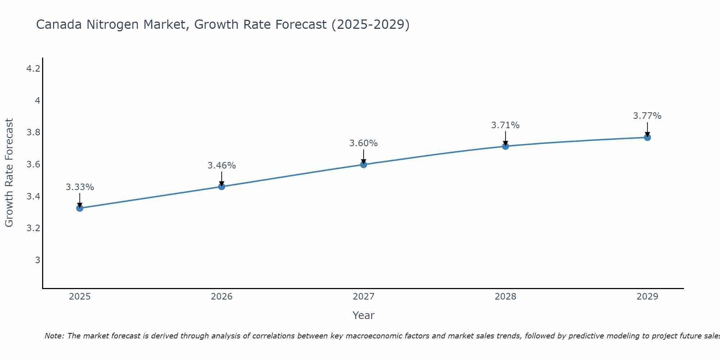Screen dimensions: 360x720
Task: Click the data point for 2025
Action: [x=80, y=208]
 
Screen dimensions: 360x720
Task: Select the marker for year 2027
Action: [x=364, y=165]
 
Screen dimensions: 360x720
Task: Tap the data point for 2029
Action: [x=647, y=137]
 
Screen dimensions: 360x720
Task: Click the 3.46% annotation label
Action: [x=222, y=166]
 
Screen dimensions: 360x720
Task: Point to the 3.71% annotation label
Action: [x=505, y=125]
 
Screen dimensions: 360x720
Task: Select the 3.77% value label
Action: [x=647, y=116]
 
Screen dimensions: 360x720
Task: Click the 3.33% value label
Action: [x=80, y=187]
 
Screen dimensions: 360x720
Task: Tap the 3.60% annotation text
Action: [x=364, y=143]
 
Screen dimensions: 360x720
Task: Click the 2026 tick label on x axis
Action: [x=222, y=297]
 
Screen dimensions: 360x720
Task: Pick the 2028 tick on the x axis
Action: [x=505, y=297]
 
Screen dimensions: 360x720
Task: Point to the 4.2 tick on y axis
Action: [x=33, y=68]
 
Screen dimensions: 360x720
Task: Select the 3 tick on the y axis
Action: [x=37, y=260]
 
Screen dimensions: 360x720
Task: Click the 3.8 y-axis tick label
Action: [x=33, y=132]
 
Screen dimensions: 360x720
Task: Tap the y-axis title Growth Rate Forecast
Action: [x=9, y=173]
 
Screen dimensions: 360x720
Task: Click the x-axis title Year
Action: [x=364, y=315]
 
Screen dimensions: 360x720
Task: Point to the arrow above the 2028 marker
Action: [x=505, y=138]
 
